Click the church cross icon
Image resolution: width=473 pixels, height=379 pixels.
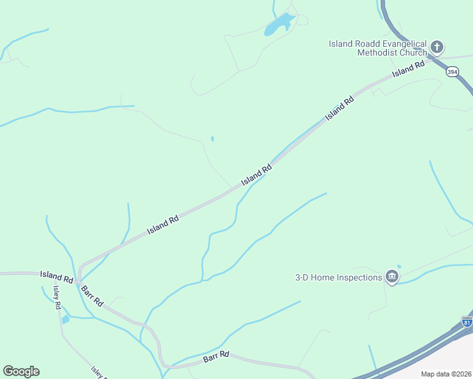pos(437,47)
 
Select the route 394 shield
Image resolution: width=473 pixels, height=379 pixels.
pos(451,72)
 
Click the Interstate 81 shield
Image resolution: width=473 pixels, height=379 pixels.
pos(467,322)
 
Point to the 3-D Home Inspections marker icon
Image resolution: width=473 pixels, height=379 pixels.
pos(392,277)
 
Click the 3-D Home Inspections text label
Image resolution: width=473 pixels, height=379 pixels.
pos(339,277)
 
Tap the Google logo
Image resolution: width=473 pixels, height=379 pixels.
pos(21,371)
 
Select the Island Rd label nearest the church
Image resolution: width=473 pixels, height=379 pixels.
pos(408,69)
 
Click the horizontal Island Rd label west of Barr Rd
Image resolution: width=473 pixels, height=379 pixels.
pos(56,276)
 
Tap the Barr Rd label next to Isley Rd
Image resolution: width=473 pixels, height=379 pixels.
pos(91,295)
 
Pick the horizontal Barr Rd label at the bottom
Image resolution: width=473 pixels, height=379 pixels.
pos(216,358)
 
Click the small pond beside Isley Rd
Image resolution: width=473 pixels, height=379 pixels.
pos(66,319)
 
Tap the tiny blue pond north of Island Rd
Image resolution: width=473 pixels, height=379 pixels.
pos(212,139)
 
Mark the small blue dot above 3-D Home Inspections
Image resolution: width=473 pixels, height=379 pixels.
pos(398,266)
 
